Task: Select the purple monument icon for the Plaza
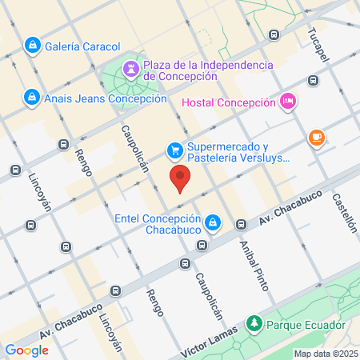tap(130, 73)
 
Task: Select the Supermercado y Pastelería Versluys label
tap(232, 154)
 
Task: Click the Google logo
tap(26, 350)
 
